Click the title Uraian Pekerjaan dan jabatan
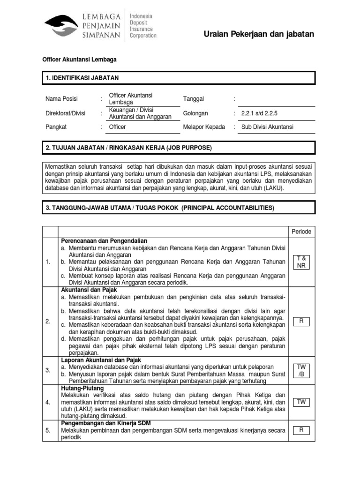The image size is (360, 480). click(x=259, y=34)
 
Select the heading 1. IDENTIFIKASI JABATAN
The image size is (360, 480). click(x=82, y=78)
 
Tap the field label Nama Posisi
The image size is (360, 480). click(x=61, y=99)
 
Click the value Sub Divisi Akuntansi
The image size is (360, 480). click(x=267, y=127)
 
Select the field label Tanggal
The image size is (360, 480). click(x=193, y=99)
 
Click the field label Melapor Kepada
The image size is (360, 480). click(x=203, y=127)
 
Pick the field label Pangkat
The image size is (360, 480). click(x=56, y=127)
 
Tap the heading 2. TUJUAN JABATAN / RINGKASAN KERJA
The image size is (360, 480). click(x=129, y=148)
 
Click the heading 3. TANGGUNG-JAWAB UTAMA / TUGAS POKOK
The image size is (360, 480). click(x=160, y=208)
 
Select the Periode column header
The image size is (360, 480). click(x=301, y=232)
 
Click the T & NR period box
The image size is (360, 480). click(x=301, y=262)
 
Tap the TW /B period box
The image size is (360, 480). click(x=301, y=370)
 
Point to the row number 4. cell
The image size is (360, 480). click(x=48, y=402)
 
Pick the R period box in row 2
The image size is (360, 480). click(x=301, y=322)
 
